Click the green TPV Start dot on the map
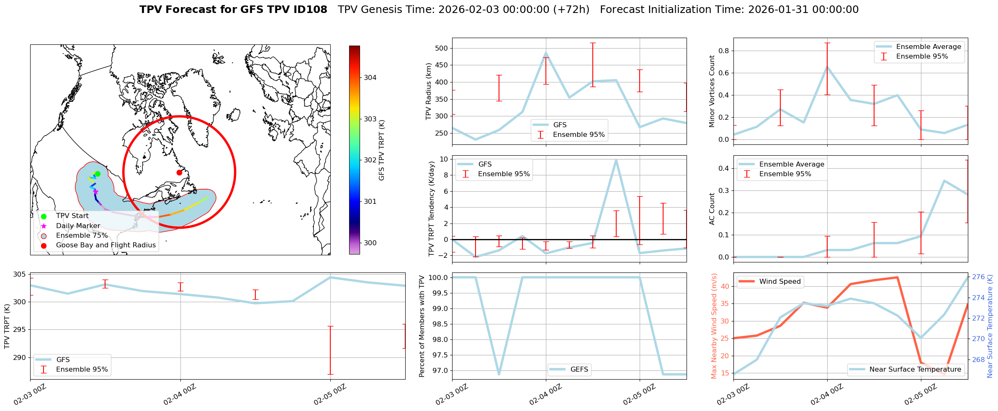click(98, 174)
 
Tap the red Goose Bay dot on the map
click(179, 172)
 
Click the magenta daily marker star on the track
click(95, 192)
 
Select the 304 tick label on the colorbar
click(370, 77)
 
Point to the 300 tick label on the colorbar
click(370, 243)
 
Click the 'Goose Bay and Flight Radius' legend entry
click(105, 245)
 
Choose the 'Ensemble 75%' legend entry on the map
click(82, 235)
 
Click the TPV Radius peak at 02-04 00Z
click(546, 54)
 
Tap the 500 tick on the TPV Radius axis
click(442, 48)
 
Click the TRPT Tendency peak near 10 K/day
click(616, 160)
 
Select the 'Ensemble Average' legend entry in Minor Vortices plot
click(929, 47)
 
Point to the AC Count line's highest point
click(944, 181)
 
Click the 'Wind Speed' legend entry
click(779, 282)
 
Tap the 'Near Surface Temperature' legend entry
click(915, 370)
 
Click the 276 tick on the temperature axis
click(978, 277)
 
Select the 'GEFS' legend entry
click(579, 370)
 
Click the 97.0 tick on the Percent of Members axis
click(440, 370)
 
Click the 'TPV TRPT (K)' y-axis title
click(7, 326)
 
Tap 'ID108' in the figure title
click(310, 10)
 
